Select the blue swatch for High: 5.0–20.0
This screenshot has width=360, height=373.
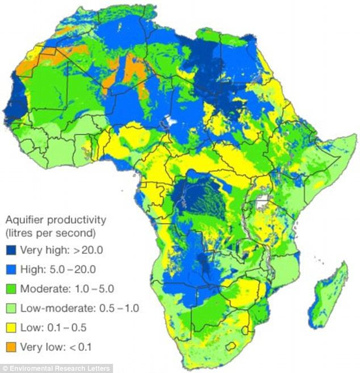point(11,269)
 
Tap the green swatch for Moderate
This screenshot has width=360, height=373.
point(11,288)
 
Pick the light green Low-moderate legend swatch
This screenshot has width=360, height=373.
point(11,308)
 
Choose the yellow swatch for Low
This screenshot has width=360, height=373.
point(11,328)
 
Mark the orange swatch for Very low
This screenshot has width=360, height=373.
point(11,347)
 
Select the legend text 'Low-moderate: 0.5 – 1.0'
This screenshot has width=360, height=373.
point(79,308)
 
